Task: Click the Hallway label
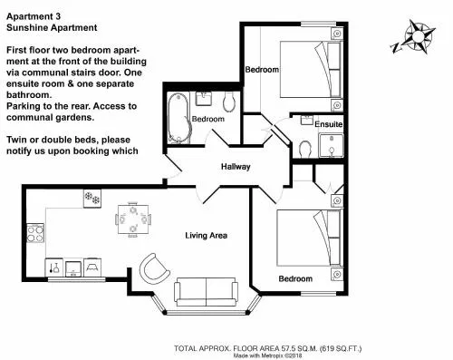click(x=236, y=167)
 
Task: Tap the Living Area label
click(x=206, y=236)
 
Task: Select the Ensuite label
click(x=329, y=124)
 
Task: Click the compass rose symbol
click(x=414, y=37)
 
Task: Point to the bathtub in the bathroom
click(x=179, y=118)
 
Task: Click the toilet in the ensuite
click(x=305, y=149)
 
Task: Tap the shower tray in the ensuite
click(x=332, y=146)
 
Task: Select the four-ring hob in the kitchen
click(x=35, y=233)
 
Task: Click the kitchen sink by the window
click(x=73, y=268)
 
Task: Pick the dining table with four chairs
click(x=133, y=219)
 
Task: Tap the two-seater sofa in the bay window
click(x=206, y=292)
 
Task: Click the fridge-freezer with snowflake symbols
click(x=92, y=199)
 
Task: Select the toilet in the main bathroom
click(x=229, y=101)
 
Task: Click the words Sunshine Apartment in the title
click(x=52, y=27)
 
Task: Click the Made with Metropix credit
click(x=267, y=355)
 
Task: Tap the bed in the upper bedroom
click(x=311, y=69)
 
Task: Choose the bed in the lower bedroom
click(x=309, y=238)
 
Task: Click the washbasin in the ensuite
click(x=307, y=120)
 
